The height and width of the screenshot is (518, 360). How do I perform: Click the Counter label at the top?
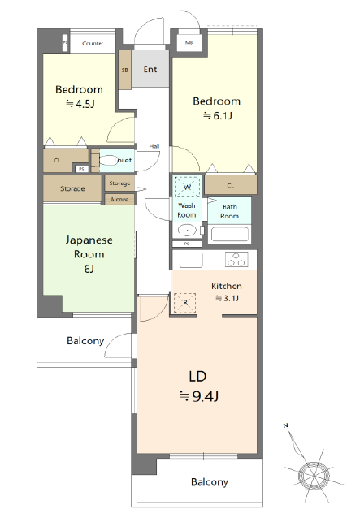coord(93,43)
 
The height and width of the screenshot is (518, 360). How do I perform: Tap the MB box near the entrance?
coord(189,43)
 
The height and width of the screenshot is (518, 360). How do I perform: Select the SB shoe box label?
coord(124,71)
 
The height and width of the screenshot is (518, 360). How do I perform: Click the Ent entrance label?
coord(150,69)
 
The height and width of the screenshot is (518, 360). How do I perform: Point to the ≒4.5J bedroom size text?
coord(79,104)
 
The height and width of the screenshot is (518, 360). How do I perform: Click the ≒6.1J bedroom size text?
coord(216,115)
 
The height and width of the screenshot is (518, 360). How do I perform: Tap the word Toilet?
coord(122,160)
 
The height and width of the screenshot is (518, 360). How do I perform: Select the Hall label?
coord(154,146)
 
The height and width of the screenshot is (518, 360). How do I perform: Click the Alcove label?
coord(119,198)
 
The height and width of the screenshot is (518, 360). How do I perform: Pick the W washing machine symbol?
coord(188,187)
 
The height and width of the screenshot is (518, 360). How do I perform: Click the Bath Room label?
coord(230,211)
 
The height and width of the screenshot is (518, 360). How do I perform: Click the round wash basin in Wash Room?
coord(188,231)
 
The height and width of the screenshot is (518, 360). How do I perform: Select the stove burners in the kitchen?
coord(236,261)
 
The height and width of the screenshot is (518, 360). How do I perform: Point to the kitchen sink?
coord(191,261)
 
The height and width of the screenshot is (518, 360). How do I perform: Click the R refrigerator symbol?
coord(186,303)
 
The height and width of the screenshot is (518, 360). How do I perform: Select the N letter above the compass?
coord(285,425)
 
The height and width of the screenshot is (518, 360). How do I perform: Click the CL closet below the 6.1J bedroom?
coord(230,185)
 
